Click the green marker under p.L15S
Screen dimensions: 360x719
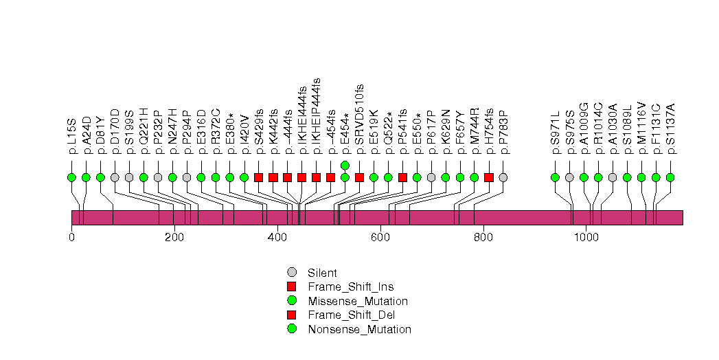[71, 177]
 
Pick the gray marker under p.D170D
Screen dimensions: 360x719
[115, 177]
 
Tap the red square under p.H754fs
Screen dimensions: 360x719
[488, 177]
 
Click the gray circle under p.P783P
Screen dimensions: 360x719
[503, 177]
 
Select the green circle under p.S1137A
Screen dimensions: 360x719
[670, 177]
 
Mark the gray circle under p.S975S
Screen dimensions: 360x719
[569, 177]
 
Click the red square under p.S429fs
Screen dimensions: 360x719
[258, 177]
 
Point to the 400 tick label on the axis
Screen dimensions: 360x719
[277, 238]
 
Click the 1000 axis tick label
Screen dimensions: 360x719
[586, 238]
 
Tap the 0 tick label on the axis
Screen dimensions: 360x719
[71, 238]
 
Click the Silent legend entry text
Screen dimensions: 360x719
[322, 273]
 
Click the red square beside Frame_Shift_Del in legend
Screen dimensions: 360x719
[291, 315]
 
